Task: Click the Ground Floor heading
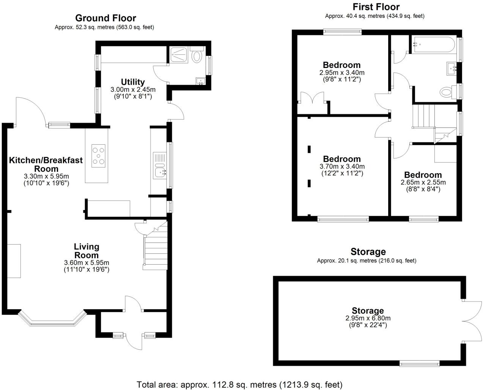105,18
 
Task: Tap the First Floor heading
376,7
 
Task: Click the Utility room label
133,82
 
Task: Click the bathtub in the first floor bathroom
433,45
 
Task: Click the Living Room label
87,251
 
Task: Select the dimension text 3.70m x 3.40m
342,166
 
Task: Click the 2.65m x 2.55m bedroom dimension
423,182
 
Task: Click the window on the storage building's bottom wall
420,364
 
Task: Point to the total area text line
239,384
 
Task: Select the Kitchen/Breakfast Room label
46,164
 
